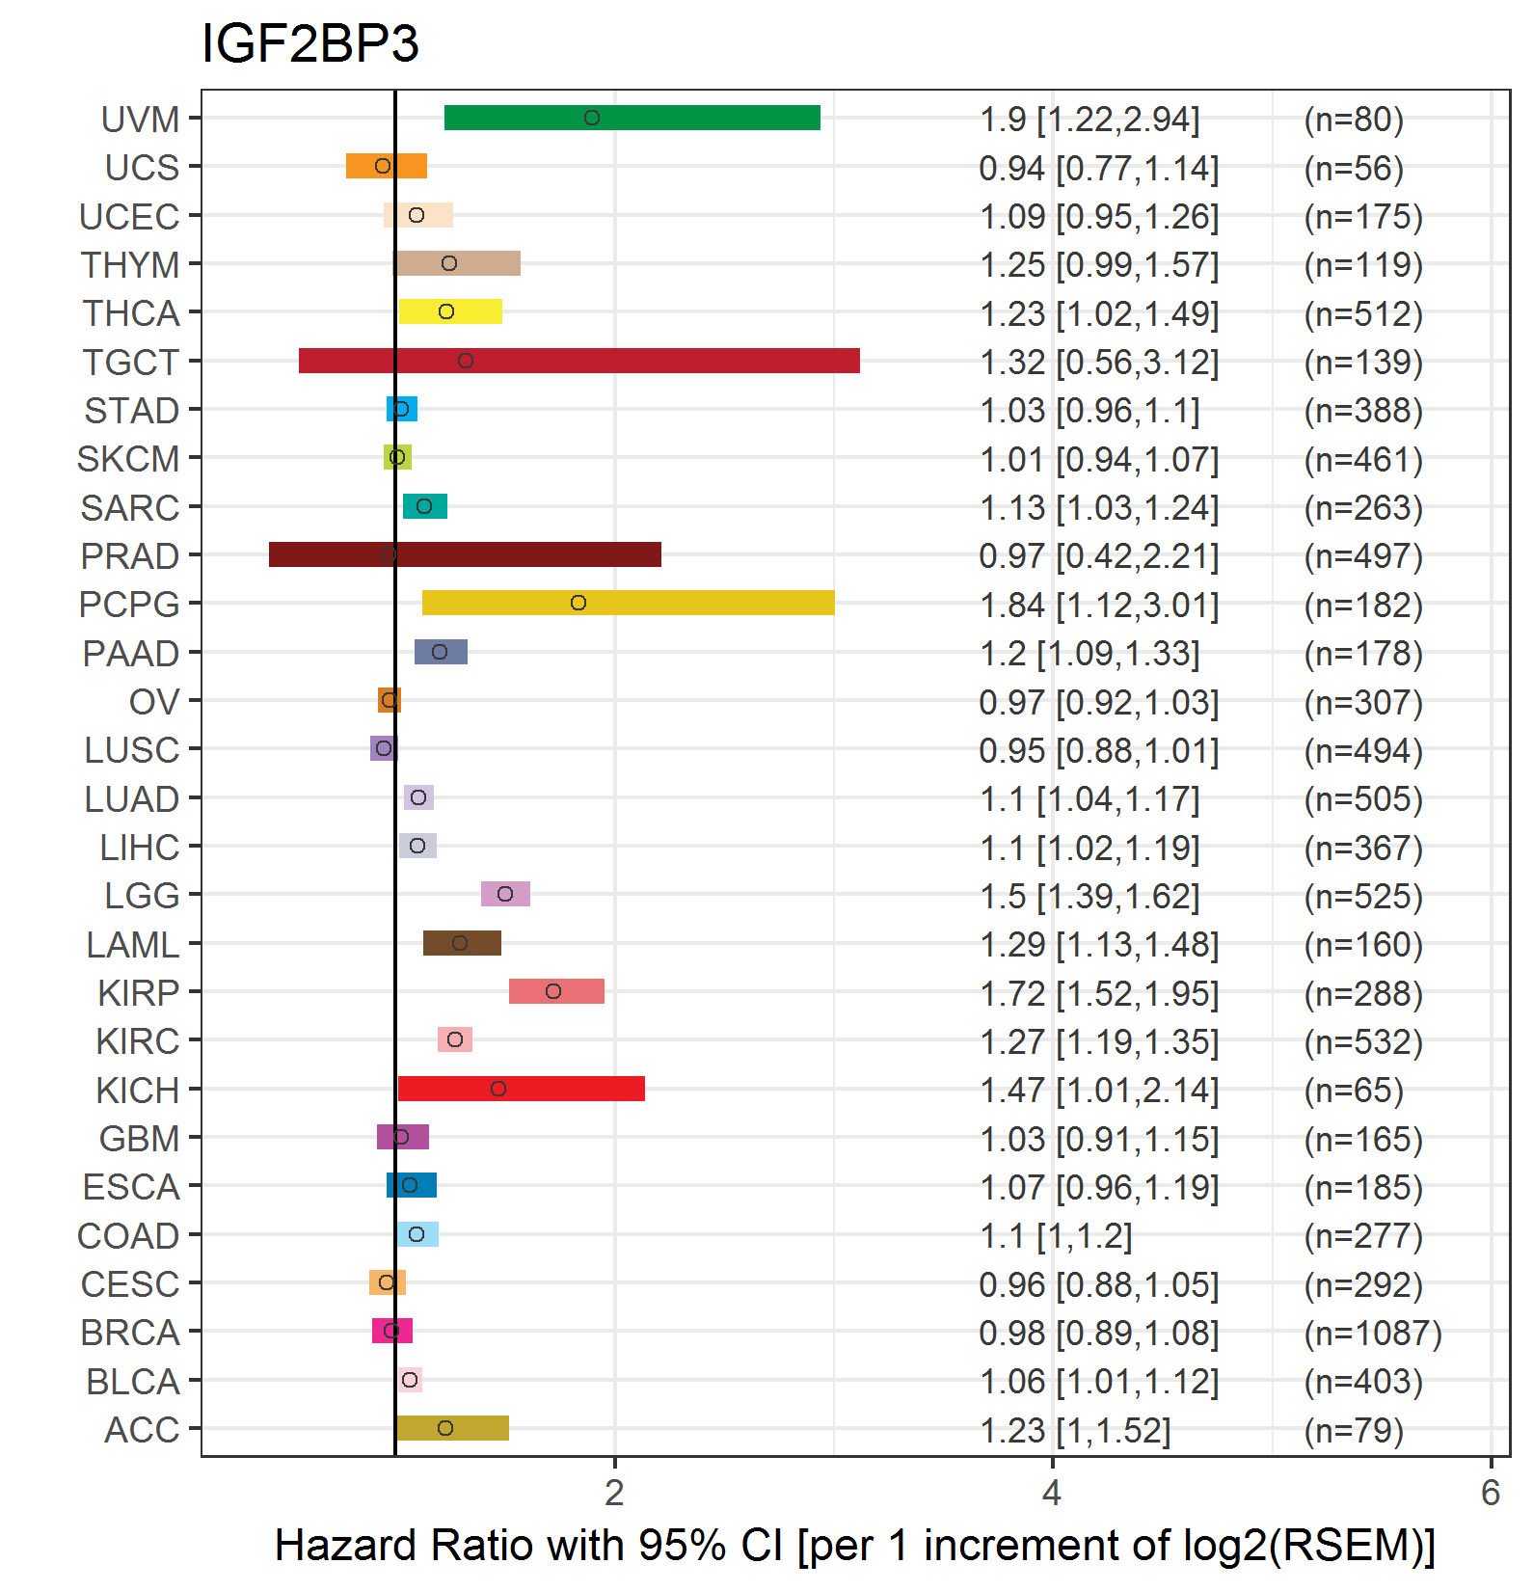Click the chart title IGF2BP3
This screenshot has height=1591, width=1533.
point(309,44)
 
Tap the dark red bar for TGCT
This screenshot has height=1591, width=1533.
point(627,361)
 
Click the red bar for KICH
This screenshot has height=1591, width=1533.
point(569,1089)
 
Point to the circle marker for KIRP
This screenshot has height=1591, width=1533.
point(553,991)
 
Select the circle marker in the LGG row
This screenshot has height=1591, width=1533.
point(505,894)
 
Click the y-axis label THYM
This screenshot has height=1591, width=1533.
point(130,264)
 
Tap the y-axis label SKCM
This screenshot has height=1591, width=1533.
point(128,459)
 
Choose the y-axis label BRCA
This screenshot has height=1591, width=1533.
point(130,1333)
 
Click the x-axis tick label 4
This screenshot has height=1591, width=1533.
point(1052,1493)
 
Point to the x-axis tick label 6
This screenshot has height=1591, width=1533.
point(1491,1493)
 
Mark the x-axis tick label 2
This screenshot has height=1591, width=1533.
point(614,1493)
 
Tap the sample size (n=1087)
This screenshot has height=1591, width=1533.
point(1373,1334)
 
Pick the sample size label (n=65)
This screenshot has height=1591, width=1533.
point(1354,1091)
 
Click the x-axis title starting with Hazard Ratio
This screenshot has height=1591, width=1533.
point(854,1545)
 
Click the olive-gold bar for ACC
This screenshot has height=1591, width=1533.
point(477,1428)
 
